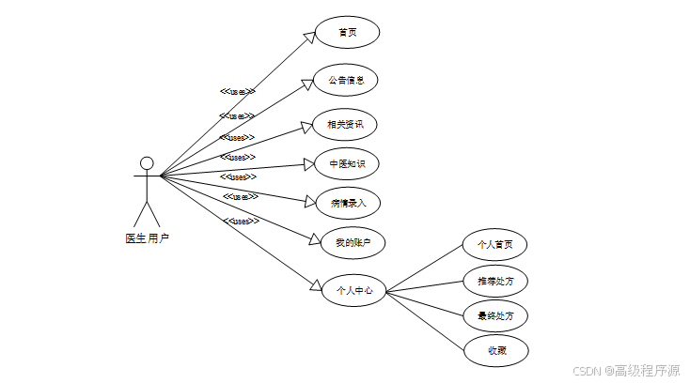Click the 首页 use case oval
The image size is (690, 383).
point(347,32)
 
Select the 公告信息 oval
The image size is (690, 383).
point(346,80)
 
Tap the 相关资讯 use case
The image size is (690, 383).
point(345,124)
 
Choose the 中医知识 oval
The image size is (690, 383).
point(346,163)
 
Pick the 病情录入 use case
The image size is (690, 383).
point(348,202)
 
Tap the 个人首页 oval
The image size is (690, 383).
point(495,245)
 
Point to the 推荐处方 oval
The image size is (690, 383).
point(495,280)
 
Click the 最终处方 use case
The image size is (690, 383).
point(495,314)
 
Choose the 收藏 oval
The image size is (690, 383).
point(495,350)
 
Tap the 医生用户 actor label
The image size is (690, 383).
point(147,238)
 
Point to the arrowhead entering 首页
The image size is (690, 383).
point(309,37)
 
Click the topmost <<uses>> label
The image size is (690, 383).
point(238,92)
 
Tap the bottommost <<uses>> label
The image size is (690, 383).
point(242,222)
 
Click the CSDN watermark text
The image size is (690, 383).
point(626,370)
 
